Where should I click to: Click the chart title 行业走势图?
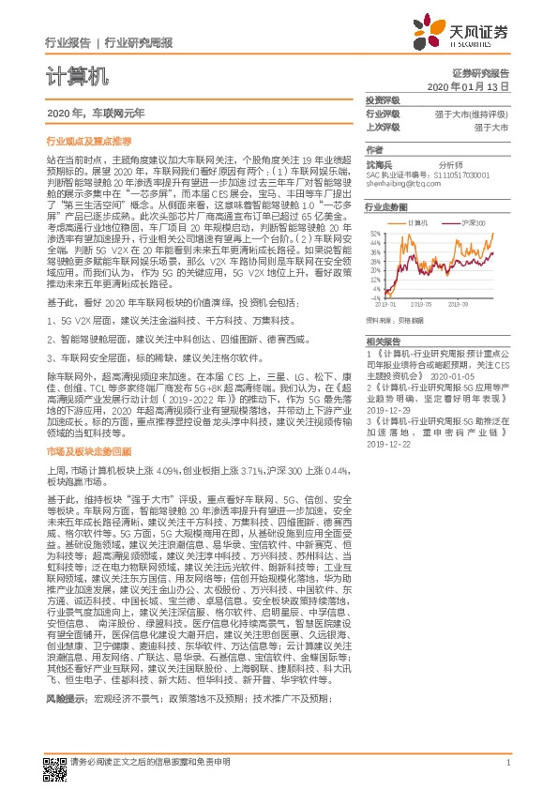point(386,206)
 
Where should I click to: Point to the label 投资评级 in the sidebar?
point(383,99)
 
